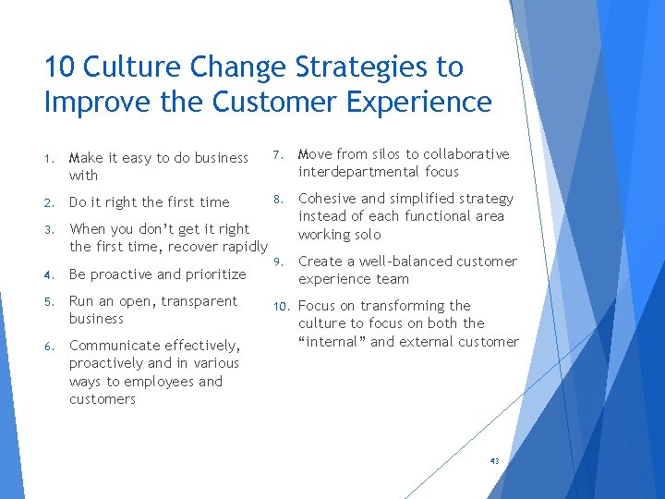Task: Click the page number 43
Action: coord(495,460)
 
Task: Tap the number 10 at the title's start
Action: coord(61,67)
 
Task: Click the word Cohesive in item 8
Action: coord(327,199)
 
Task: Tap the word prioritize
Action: coord(213,274)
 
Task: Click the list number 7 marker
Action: coord(278,154)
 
